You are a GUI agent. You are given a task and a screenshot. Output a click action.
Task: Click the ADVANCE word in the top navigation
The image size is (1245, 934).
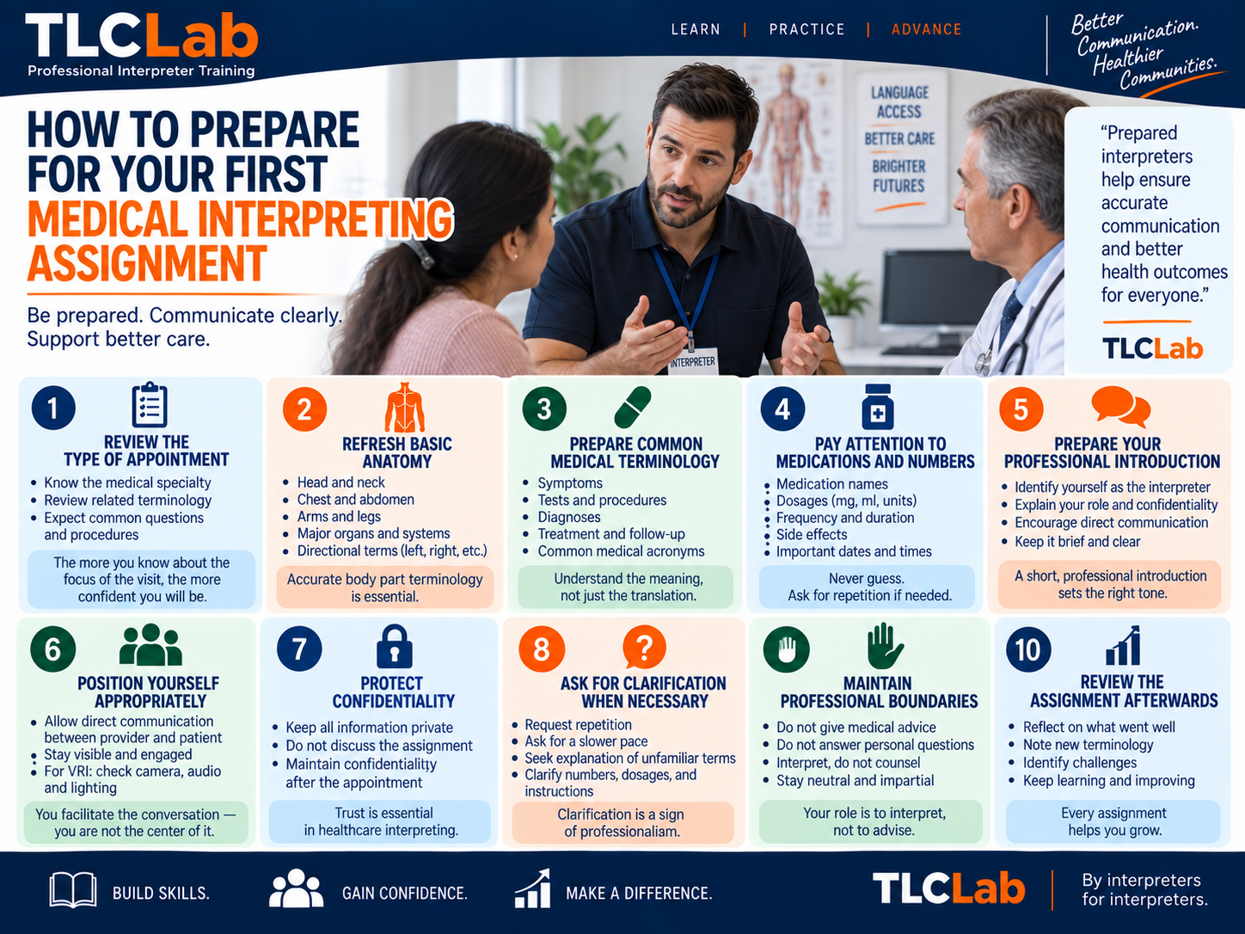[926, 29]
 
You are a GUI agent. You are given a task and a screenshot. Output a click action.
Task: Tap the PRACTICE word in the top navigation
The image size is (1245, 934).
[806, 29]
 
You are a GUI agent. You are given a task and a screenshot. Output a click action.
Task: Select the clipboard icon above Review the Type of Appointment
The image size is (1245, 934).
[149, 404]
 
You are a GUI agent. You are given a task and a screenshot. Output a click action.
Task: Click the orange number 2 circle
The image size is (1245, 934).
[304, 409]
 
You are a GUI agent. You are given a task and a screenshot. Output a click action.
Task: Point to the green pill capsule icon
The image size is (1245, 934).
[633, 407]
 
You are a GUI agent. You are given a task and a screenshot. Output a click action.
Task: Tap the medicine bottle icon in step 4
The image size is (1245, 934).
[878, 407]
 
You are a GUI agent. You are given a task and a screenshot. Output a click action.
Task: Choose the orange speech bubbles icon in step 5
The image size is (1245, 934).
[1121, 406]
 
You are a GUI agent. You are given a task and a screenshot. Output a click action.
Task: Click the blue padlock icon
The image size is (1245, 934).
[394, 647]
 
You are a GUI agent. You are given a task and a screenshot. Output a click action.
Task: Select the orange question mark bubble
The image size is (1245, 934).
[644, 648]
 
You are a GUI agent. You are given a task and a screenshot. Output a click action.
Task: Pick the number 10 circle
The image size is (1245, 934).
[1028, 650]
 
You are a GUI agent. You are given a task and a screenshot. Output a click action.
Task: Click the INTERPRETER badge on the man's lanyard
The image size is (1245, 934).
[692, 361]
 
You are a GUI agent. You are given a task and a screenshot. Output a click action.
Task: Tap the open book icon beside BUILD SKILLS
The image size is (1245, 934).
[72, 890]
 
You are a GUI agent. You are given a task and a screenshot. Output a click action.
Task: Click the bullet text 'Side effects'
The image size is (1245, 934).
[811, 535]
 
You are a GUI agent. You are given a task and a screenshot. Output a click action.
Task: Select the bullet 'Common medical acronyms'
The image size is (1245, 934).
[621, 551]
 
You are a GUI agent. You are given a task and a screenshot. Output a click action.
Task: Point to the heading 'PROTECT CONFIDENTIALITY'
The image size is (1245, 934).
[393, 692]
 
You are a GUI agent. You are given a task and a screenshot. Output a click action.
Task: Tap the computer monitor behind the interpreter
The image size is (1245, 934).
[939, 300]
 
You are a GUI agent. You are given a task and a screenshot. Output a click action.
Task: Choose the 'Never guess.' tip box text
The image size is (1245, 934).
[866, 579]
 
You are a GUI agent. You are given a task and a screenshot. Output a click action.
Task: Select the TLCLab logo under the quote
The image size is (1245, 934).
[1152, 348]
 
